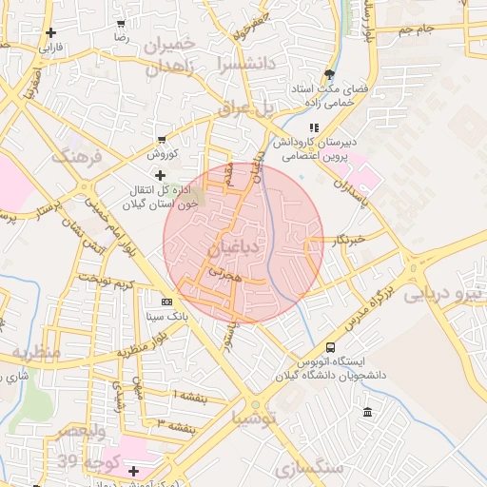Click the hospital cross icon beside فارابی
(49, 32)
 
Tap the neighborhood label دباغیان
(230, 249)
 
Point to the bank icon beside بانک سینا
(166, 302)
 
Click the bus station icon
(330, 348)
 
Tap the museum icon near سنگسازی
(367, 412)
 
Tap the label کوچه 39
(81, 462)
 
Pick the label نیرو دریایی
(445, 294)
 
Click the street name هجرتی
(225, 273)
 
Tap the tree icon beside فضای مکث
(329, 73)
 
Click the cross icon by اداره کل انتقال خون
(160, 174)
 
